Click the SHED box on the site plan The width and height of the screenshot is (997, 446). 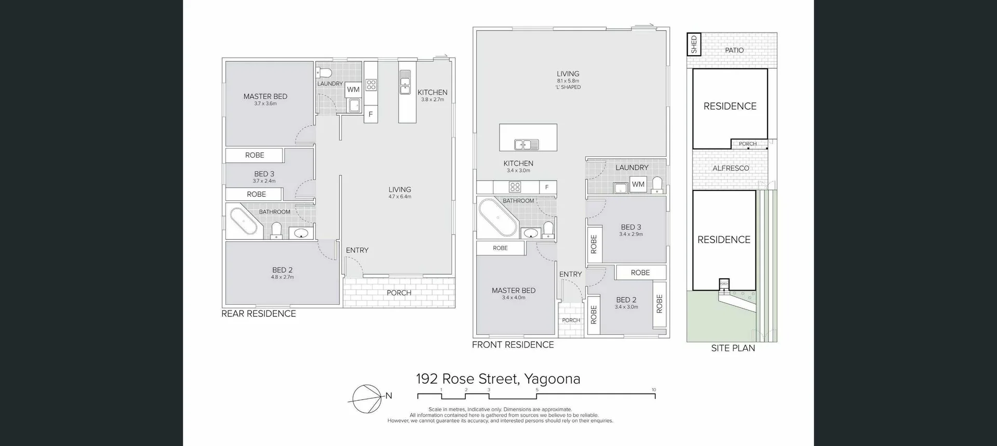pos(694,45)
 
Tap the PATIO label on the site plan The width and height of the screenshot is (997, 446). pos(734,50)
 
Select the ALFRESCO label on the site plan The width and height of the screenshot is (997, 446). pos(731,168)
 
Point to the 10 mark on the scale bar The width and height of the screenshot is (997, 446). pos(654,390)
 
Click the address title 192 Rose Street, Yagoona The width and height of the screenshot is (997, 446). pos(498,379)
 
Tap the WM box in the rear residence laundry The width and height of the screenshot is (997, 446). pos(353,89)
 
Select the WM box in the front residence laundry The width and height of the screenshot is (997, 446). pos(638,184)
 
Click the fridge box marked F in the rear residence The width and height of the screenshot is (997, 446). pos(370,114)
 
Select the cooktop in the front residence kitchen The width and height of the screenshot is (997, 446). pos(515,187)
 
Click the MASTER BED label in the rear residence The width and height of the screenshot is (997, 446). pos(265,97)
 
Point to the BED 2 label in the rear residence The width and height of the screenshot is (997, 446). pos(282,270)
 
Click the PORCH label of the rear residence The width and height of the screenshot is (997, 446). pos(399,293)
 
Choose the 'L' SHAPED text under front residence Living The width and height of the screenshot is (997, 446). pos(568,87)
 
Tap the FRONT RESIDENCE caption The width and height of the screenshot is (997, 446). pos(513,345)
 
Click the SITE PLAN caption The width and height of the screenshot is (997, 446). pos(733,348)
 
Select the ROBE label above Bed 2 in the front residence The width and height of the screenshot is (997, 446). pos(640,273)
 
